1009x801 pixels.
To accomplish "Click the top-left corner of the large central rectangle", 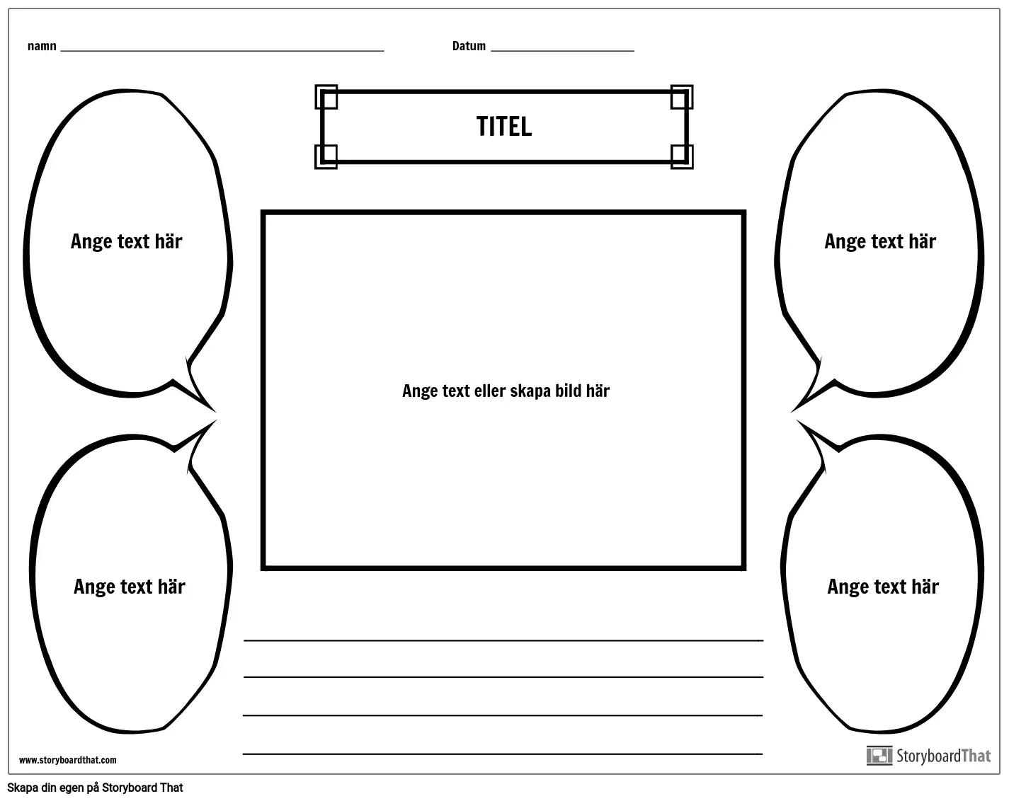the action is coord(261,211).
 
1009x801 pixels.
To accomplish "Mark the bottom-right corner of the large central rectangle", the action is coord(746,570).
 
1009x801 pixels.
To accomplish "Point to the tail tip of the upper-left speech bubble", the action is coord(217,413).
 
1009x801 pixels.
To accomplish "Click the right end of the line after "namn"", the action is coord(384,51).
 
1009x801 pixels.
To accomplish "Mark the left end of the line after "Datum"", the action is coord(491,51).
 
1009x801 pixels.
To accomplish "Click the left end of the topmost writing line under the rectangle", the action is coord(244,640).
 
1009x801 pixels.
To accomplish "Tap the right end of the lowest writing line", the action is coord(763,754).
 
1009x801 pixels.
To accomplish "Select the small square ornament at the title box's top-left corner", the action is coord(326,96).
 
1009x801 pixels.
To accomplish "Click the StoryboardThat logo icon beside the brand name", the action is coord(879,756).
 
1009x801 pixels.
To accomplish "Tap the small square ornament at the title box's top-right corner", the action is coord(682,96).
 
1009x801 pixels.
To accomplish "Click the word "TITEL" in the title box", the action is coord(504,127).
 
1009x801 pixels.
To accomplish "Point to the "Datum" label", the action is coord(469,46).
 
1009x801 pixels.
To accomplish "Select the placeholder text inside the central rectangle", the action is coord(506,391).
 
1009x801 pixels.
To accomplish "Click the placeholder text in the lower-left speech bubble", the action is coord(130,587).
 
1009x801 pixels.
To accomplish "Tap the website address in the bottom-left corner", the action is coord(68,760).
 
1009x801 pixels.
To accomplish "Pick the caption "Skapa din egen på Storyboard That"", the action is coord(95,788).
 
